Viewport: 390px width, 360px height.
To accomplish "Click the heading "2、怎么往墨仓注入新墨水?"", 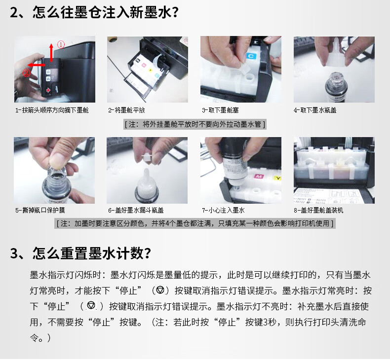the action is (x=94, y=12).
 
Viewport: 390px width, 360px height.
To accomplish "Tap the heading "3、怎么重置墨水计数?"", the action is (x=80, y=253).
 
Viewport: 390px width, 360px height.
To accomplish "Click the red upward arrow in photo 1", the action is (x=51, y=52).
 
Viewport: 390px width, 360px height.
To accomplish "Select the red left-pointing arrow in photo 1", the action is (x=37, y=65).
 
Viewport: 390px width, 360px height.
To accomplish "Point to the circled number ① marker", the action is (x=61, y=44).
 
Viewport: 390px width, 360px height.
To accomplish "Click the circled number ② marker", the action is (x=26, y=73).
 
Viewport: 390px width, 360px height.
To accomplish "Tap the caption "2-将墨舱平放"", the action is (x=126, y=110).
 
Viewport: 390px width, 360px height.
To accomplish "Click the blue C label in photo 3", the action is (x=251, y=56).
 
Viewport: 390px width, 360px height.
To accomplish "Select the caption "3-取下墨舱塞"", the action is (x=220, y=110).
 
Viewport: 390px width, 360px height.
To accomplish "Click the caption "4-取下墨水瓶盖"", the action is (x=315, y=110).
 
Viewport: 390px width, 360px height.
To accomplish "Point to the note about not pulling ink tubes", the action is (x=195, y=124).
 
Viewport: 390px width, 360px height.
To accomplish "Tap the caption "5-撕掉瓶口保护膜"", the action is (x=40, y=210).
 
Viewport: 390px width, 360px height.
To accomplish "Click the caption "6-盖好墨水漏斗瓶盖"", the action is (x=136, y=210).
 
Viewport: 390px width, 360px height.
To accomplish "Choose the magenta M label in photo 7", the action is (x=259, y=176).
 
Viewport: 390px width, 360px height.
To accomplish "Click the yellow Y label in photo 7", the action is (x=277, y=178).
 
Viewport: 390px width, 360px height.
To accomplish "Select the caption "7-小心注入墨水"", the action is (x=223, y=210).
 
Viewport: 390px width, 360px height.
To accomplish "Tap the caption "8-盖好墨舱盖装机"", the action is (x=318, y=210).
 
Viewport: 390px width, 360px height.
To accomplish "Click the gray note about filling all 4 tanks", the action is (x=195, y=223).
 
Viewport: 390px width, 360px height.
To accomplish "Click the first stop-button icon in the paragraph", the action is (x=160, y=290).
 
